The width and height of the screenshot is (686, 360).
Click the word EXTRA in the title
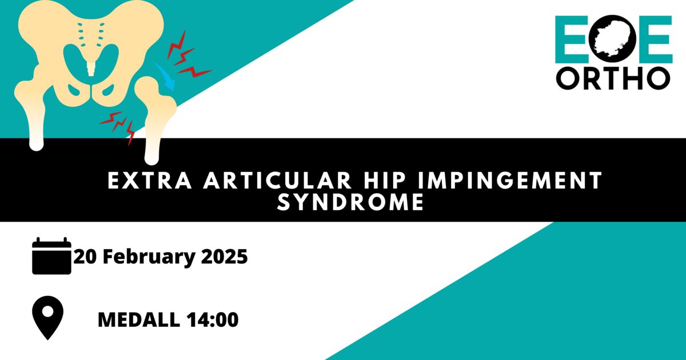150,181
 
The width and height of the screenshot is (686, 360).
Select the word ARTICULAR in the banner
277,181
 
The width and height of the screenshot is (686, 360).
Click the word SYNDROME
350,202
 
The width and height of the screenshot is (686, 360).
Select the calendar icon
52,256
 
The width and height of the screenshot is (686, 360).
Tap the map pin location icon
48,318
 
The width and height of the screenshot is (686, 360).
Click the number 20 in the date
85,257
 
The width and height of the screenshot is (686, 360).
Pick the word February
149,258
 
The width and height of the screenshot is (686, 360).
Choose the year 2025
224,257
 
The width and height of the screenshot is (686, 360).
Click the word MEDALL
139,319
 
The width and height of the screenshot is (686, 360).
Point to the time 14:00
212,319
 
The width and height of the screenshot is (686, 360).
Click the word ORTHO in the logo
613,78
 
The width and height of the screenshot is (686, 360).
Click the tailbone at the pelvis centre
91,68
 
